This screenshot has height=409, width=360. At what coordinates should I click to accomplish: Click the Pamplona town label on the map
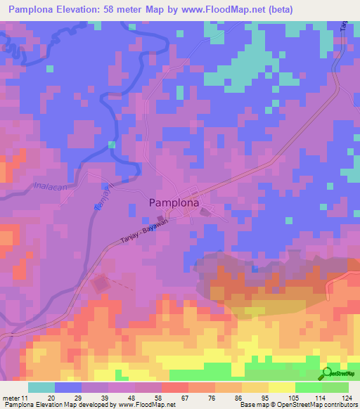(179, 202)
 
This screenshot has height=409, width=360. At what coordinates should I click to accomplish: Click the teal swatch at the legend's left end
(41, 387)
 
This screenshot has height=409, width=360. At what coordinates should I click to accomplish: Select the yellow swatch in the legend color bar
(282, 387)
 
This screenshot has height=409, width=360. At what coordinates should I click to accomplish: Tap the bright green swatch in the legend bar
(309, 387)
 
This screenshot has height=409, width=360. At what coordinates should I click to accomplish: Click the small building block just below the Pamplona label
(205, 212)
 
